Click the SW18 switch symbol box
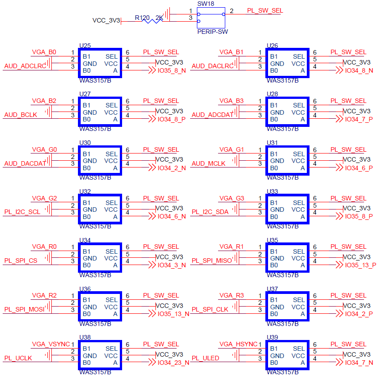(211, 8)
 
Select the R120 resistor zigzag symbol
(152, 21)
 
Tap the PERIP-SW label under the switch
(212, 32)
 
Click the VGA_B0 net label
(44, 52)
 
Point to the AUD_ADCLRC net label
(25, 66)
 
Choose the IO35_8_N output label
(172, 70)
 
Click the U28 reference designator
(273, 94)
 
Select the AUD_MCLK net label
(209, 163)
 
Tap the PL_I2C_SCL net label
(22, 212)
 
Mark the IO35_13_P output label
(360, 265)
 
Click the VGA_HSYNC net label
(238, 344)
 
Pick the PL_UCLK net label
(18, 358)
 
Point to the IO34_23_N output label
(173, 363)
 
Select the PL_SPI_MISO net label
(212, 261)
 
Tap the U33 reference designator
(273, 191)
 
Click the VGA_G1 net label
(232, 150)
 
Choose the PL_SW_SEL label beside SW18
(265, 11)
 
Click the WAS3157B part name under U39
(282, 372)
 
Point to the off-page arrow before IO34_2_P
(339, 313)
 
